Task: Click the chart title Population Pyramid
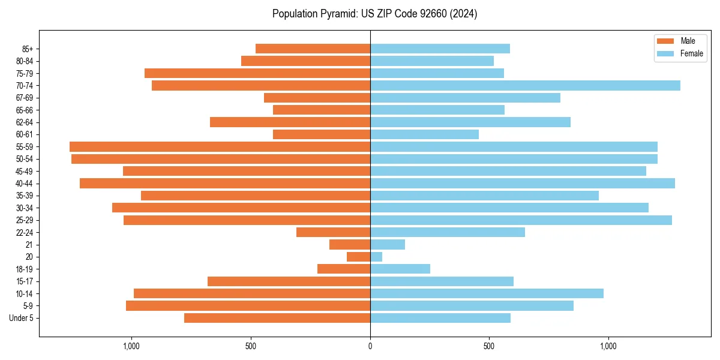coord(374,14)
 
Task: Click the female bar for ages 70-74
coord(525,85)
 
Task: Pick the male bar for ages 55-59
coord(220,146)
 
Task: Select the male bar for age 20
coord(358,257)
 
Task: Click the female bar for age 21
coord(388,244)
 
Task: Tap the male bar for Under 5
coord(277,318)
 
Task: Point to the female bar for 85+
coord(440,49)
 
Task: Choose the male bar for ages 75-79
coord(257,73)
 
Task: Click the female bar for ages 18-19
coord(400,269)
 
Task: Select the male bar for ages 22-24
coord(333,232)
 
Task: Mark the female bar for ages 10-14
coord(487,293)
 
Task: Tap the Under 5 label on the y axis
coord(21,318)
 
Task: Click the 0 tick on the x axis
coord(370,346)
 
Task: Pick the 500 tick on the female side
coord(489,346)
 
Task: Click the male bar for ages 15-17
coord(289,281)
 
